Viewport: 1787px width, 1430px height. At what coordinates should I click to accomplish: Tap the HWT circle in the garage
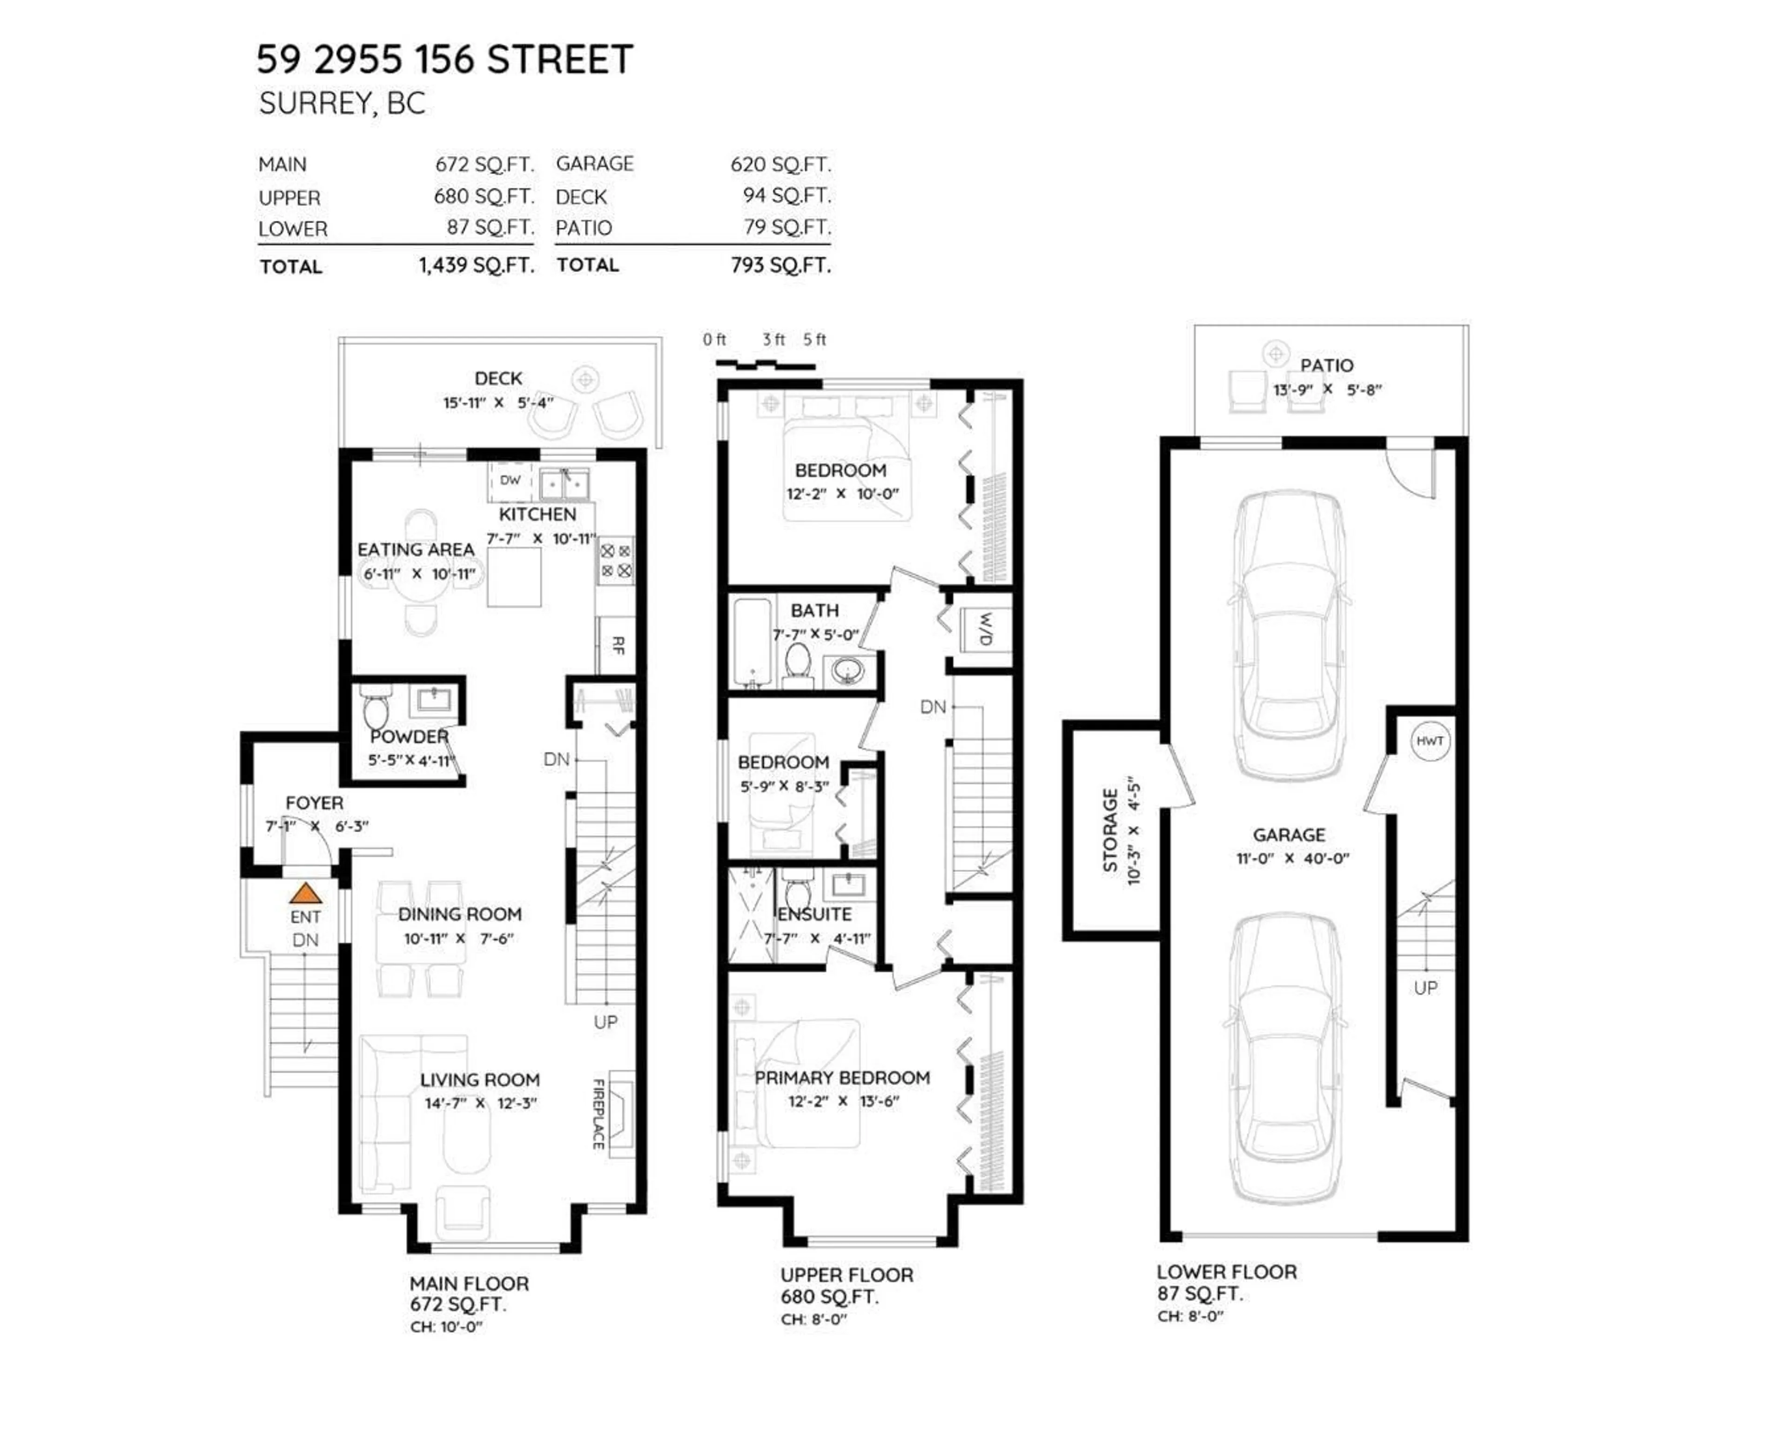[x=1430, y=740]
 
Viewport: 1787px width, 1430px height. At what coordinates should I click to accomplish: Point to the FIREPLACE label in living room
[x=598, y=1113]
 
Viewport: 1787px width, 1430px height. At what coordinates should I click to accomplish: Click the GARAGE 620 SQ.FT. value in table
[x=780, y=164]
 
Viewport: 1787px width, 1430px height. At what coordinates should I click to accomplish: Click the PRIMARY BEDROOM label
[x=842, y=1078]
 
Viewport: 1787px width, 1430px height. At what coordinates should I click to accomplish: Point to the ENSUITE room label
[x=815, y=914]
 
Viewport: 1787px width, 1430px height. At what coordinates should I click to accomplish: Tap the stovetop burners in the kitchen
[x=616, y=560]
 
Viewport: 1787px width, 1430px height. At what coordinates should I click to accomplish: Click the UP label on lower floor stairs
[x=1425, y=987]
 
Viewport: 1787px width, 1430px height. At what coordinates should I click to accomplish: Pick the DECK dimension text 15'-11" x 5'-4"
[x=498, y=403]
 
